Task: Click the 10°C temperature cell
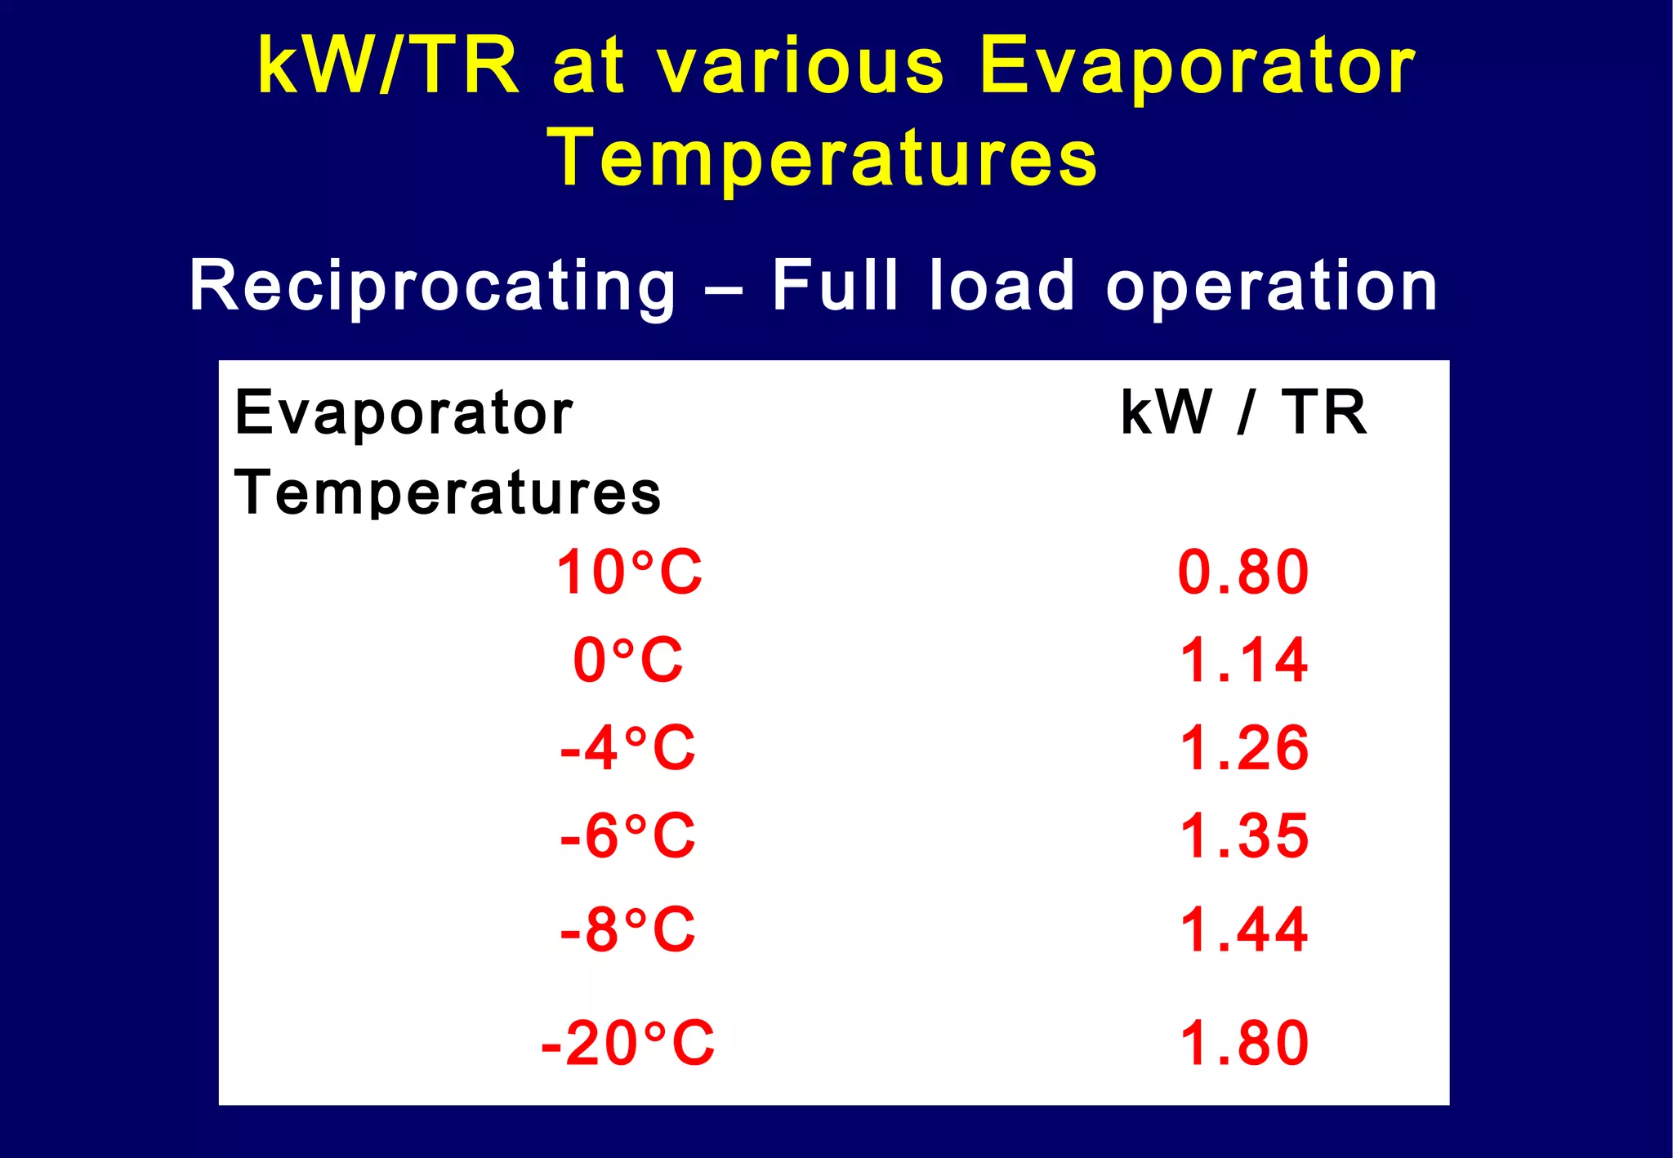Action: [x=628, y=572]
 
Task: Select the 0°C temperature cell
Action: [x=627, y=660]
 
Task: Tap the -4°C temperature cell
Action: [x=627, y=748]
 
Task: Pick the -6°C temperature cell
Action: [x=627, y=836]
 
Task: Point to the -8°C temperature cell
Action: [x=627, y=929]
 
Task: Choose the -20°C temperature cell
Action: [x=627, y=1043]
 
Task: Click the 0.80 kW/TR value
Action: [x=1243, y=572]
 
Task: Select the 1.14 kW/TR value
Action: [x=1243, y=660]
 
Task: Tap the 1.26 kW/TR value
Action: [x=1243, y=748]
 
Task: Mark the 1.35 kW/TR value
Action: [x=1243, y=836]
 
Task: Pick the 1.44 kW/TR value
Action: [x=1243, y=929]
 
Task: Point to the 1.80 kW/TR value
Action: [x=1243, y=1043]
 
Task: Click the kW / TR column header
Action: [x=1242, y=412]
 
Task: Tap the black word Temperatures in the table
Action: [x=448, y=492]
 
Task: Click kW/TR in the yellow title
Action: [x=388, y=65]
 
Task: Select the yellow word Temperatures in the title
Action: [x=823, y=158]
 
